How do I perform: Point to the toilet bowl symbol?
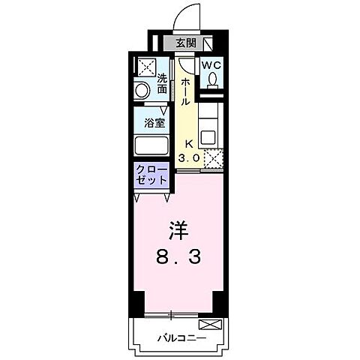[212, 79]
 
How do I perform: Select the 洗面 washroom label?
[162, 84]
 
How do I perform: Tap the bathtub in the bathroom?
[151, 145]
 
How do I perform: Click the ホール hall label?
[185, 91]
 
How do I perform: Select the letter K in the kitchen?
[189, 145]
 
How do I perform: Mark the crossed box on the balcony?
[210, 325]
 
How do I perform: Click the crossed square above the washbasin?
[145, 65]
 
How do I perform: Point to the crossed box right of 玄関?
[208, 43]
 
